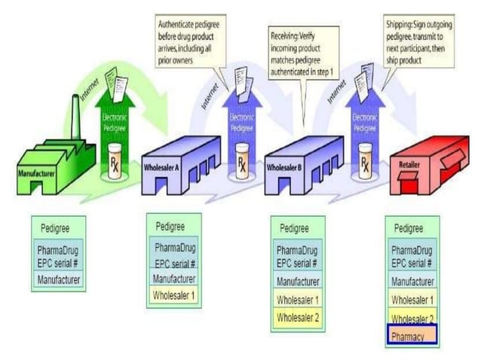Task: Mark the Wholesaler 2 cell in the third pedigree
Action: pyautogui.click(x=298, y=317)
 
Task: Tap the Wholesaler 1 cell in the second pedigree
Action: pyautogui.click(x=174, y=294)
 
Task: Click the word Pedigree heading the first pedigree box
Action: pyautogui.click(x=57, y=225)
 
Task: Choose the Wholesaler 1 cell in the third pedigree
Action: pyautogui.click(x=298, y=300)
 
